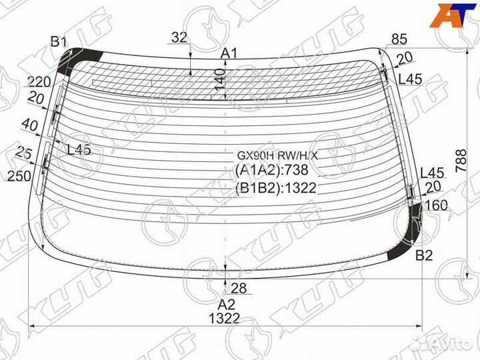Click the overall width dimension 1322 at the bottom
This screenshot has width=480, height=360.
224,319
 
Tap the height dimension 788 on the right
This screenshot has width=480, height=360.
461,161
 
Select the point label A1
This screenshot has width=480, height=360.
229,54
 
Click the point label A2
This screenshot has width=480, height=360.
227,305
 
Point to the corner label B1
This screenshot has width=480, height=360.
59,41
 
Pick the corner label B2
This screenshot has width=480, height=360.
424,255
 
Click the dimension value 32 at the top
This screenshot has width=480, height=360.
179,37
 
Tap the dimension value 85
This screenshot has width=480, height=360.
399,39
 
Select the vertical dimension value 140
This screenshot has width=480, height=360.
220,79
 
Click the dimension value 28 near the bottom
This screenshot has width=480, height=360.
239,288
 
